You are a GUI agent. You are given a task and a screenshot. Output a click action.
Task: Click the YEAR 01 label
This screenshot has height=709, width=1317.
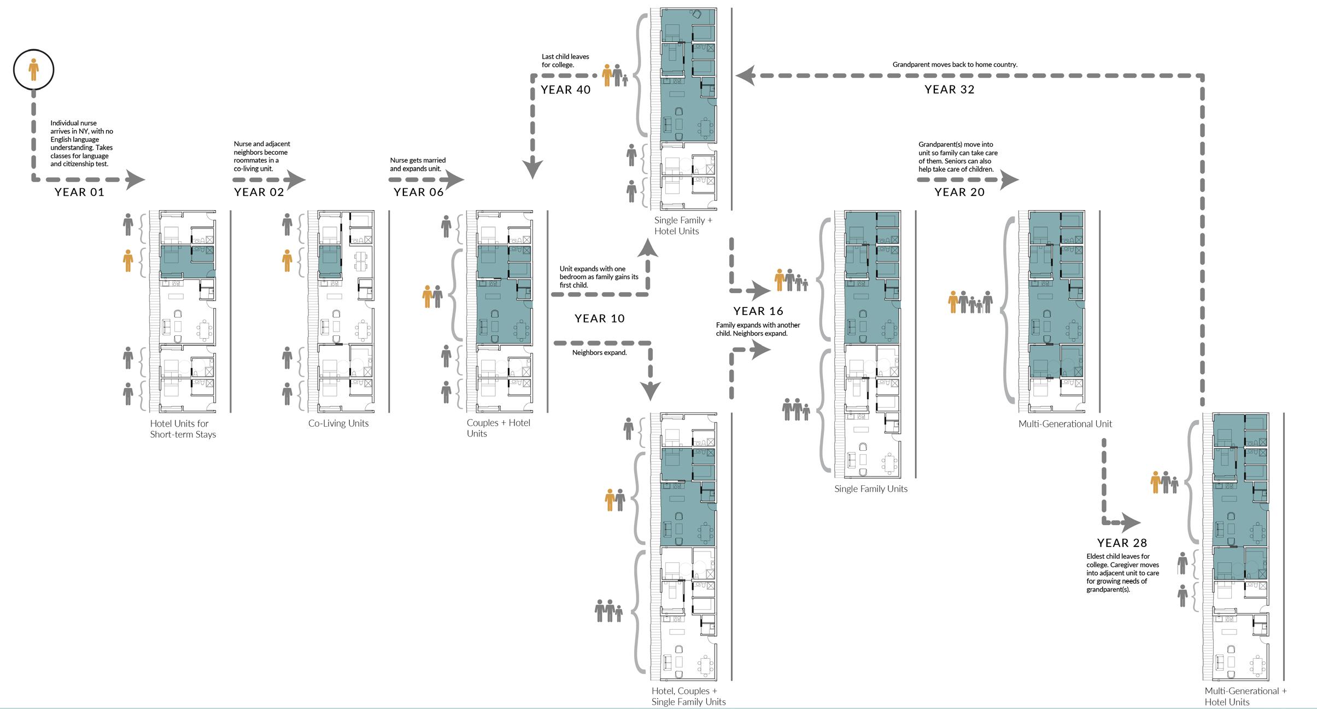(79, 192)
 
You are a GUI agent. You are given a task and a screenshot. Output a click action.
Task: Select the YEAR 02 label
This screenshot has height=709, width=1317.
(259, 192)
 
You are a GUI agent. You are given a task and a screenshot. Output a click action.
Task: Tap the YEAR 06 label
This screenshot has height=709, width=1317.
(419, 192)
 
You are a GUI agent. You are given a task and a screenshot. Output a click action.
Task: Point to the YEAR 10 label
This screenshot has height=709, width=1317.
(599, 318)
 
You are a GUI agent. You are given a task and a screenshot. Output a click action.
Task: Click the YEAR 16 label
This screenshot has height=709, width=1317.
(758, 311)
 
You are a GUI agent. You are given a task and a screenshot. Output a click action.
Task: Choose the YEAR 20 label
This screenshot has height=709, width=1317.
(959, 192)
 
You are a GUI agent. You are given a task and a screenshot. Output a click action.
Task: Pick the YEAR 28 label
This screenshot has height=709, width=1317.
(1122, 543)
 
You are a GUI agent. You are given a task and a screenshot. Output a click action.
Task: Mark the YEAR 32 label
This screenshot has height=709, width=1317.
(950, 90)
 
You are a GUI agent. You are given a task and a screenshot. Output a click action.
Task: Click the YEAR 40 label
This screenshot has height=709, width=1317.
(566, 90)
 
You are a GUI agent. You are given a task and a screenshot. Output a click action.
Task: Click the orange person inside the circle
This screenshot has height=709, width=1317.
(34, 69)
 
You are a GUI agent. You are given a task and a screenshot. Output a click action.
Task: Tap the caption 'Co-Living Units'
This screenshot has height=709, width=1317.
(338, 423)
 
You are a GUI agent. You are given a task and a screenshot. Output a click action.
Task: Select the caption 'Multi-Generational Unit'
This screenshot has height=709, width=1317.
(1065, 424)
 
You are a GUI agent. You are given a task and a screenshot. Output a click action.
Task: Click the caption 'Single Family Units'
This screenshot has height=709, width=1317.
(871, 489)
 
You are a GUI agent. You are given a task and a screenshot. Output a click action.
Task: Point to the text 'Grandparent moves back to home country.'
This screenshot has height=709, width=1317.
(955, 65)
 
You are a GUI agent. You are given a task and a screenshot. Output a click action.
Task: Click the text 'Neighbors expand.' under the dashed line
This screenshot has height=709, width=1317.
(599, 353)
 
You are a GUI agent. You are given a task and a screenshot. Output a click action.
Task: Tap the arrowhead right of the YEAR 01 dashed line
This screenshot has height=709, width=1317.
(136, 179)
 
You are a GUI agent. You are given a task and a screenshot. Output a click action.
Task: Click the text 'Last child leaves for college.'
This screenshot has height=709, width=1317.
(565, 61)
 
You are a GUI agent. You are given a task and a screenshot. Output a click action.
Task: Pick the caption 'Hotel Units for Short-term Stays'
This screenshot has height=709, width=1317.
(183, 429)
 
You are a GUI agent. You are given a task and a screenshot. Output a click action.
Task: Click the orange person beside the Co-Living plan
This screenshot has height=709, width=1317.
(287, 260)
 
